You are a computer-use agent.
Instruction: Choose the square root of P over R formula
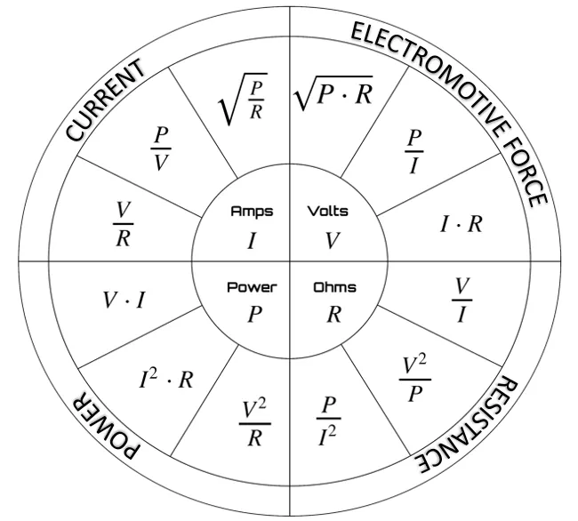[242, 99]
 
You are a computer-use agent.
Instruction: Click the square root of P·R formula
[333, 92]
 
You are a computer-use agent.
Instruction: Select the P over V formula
[160, 148]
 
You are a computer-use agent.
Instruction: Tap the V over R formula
[123, 224]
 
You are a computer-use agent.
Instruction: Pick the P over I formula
[414, 151]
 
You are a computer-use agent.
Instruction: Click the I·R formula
[462, 224]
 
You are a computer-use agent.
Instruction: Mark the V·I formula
[124, 300]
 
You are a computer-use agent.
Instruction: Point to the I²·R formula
[166, 379]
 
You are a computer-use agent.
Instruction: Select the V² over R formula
[255, 423]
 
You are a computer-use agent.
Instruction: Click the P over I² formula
[328, 421]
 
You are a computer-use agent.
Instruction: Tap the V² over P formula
[415, 379]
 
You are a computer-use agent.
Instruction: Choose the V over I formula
[462, 301]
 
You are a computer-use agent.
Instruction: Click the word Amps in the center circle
[253, 212]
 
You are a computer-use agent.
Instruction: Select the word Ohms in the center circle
[334, 287]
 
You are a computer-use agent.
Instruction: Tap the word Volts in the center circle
[328, 212]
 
